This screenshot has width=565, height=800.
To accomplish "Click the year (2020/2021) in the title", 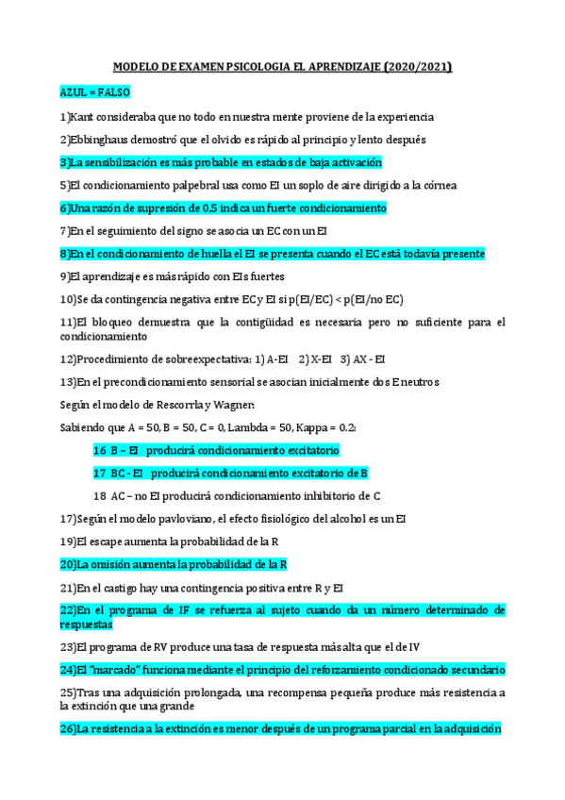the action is (418, 67).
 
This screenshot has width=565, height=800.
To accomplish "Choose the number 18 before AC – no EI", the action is (100, 495).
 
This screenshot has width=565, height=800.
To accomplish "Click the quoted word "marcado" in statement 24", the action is (112, 670).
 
